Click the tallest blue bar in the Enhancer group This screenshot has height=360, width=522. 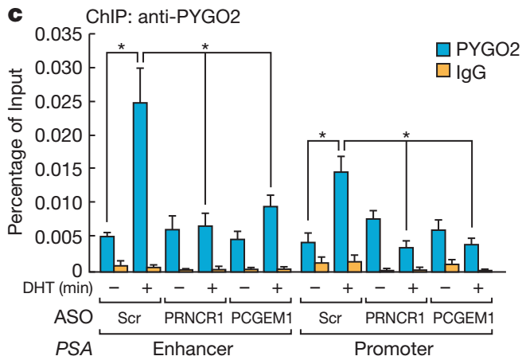(140, 187)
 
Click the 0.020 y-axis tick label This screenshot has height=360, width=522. (60, 135)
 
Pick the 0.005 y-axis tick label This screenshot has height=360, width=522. (60, 237)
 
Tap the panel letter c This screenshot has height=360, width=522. (12, 13)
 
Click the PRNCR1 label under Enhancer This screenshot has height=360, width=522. (194, 317)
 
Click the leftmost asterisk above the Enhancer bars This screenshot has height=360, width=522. (122, 47)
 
